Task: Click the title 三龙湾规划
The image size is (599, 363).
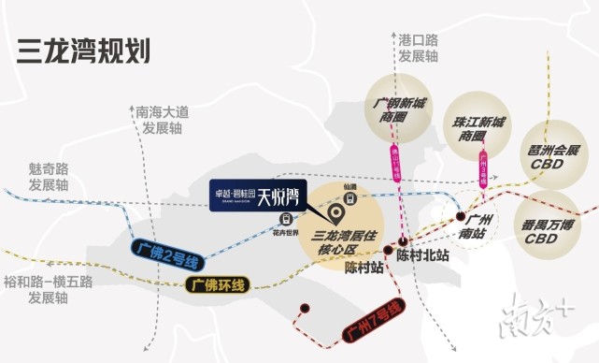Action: pyautogui.click(x=83, y=50)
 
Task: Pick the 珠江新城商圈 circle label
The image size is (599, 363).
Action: pyautogui.click(x=478, y=129)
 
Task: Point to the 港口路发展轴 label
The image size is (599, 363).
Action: pyautogui.click(x=418, y=49)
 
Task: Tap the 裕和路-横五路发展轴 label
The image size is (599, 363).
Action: pyautogui.click(x=47, y=288)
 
